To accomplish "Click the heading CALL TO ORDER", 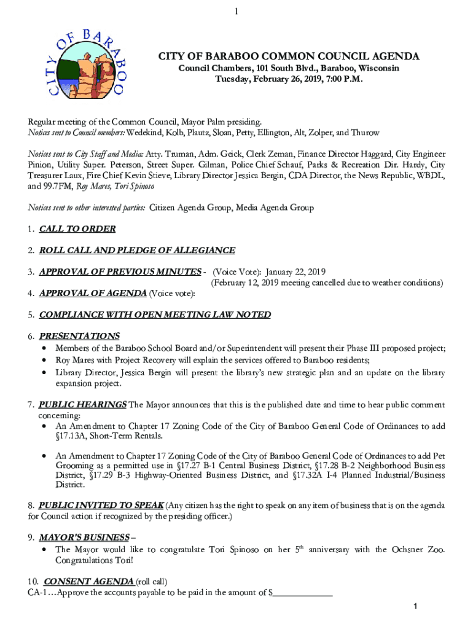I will pos(77,229).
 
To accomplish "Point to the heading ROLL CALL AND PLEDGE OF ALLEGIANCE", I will pos(136,250).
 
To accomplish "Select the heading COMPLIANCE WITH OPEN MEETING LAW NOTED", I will pos(154,314).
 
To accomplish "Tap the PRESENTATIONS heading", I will pos(79,336).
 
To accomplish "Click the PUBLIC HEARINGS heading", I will pos(82,404).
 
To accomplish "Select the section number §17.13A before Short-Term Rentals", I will pos(72,436).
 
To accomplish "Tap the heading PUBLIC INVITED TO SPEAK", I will pos(101,505).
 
